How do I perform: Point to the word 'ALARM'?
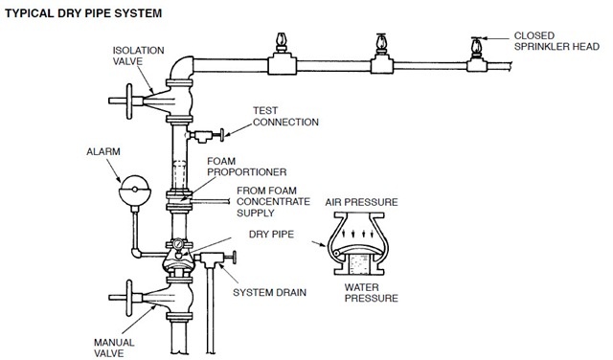pyautogui.click(x=103, y=151)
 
